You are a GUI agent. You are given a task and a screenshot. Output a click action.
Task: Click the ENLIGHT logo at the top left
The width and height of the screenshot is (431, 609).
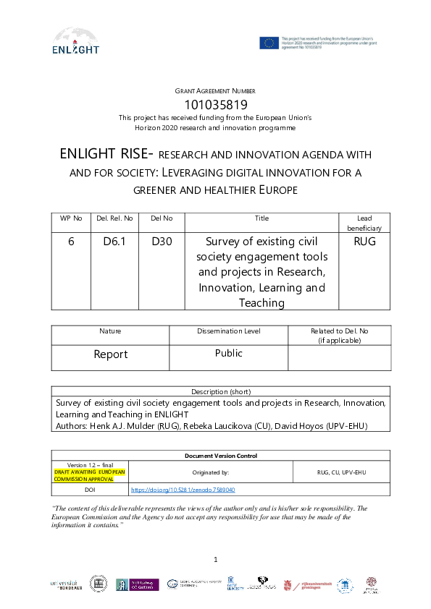[x=76, y=41]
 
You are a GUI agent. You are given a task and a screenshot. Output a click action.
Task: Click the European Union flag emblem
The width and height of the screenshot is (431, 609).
[x=269, y=42]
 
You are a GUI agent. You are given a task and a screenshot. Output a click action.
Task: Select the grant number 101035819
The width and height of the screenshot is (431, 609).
[x=215, y=104]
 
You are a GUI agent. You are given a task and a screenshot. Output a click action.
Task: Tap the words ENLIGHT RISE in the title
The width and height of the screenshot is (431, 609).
[x=106, y=154]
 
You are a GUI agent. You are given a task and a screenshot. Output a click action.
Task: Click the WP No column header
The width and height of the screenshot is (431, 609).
[x=71, y=218]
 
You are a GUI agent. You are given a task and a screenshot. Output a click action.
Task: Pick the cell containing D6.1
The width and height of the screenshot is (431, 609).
[x=114, y=242]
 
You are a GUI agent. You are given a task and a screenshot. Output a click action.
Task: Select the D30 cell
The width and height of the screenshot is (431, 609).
[x=162, y=242]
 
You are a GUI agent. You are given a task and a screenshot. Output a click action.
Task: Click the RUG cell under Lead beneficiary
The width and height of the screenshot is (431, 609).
[x=364, y=242]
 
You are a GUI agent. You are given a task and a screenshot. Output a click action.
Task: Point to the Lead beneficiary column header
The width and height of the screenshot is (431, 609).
[x=364, y=222]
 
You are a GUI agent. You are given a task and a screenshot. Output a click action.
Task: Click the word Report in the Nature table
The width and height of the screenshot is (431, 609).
[x=110, y=354]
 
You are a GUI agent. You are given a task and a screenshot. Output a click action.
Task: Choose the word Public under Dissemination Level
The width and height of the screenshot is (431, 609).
[x=228, y=353]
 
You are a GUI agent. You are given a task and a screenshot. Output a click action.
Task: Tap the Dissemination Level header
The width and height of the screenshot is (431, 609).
[x=228, y=331]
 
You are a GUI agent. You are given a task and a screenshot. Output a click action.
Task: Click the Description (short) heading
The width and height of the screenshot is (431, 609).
[x=221, y=391]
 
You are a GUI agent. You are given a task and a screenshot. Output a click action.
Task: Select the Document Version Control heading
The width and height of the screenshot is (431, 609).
[x=221, y=456]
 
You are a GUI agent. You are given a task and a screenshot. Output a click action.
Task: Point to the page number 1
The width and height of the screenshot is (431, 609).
[x=216, y=559]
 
